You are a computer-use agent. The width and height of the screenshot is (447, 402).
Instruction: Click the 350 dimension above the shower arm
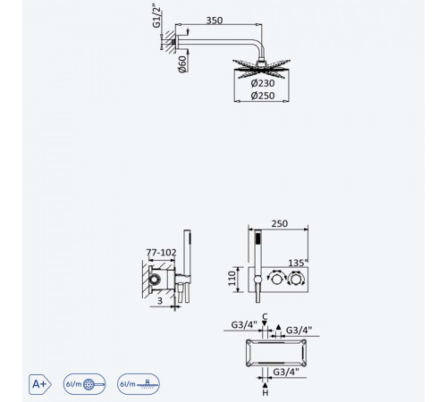[x=215, y=21]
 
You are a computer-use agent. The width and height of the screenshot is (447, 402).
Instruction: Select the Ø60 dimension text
[x=182, y=64]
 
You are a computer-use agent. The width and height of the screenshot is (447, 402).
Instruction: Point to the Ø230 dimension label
[x=263, y=83]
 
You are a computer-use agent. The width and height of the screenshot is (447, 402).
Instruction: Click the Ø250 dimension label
[x=263, y=96]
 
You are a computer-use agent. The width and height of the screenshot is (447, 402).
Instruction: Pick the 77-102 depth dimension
[x=161, y=253]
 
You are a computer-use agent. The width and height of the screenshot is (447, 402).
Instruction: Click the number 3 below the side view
[x=160, y=301]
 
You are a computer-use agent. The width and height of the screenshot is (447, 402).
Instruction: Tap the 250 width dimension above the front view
[x=279, y=223]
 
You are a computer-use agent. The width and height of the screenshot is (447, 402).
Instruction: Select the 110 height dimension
[x=232, y=279]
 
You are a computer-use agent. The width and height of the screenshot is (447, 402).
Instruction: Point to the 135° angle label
[x=298, y=263]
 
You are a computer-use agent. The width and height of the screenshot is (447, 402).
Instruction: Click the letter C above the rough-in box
[x=265, y=316]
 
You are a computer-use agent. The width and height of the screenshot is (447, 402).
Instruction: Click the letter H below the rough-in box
[x=266, y=393]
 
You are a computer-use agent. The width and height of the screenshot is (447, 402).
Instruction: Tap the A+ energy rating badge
[x=40, y=384]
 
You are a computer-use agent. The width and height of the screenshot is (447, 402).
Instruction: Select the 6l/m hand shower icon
[x=84, y=384]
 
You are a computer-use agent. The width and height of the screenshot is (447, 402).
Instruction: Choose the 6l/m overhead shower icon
[x=139, y=384]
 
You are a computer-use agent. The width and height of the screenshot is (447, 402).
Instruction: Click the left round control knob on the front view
[x=276, y=279]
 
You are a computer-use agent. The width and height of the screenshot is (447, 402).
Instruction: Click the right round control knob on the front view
[x=296, y=279]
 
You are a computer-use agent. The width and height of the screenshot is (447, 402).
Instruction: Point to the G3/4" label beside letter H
[x=286, y=372]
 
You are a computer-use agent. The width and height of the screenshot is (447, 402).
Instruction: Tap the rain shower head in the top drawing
[x=261, y=69]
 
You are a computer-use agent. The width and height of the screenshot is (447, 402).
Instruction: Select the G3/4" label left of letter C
[x=244, y=325]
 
